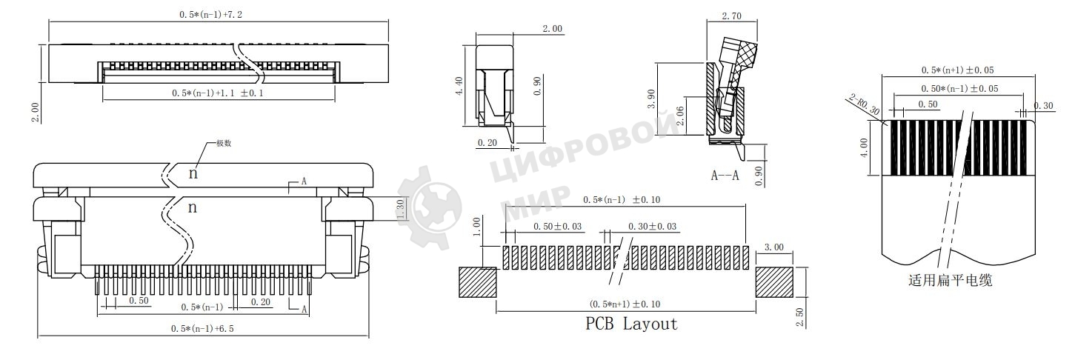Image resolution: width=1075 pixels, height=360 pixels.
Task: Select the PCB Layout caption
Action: (631, 324)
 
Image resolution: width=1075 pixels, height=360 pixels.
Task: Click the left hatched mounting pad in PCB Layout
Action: (477, 283)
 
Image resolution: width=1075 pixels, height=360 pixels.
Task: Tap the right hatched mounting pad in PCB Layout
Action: (774, 283)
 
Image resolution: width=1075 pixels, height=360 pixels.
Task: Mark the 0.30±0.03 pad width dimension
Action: (652, 226)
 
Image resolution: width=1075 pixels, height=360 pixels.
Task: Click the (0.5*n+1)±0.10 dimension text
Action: (625, 304)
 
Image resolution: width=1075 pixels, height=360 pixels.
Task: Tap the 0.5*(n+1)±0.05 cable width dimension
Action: (957, 70)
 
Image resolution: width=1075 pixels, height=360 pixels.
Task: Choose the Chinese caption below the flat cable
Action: (950, 281)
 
